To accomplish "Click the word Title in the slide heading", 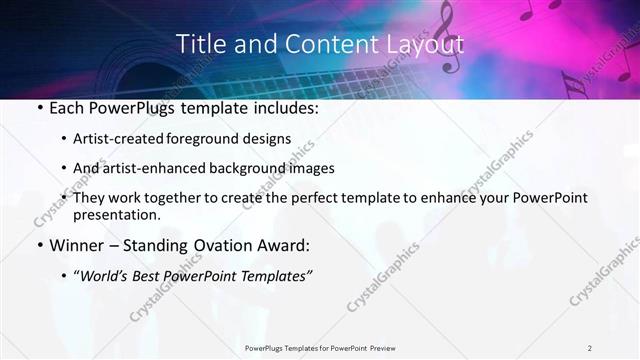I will click(x=200, y=44).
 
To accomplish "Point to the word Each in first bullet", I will click(x=66, y=108).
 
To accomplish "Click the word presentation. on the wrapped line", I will click(x=116, y=215).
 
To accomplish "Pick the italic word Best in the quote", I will click(x=157, y=275).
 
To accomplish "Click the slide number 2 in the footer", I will click(x=590, y=348).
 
